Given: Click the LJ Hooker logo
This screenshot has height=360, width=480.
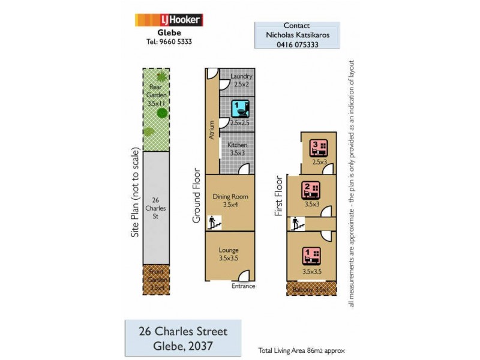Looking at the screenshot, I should [x=169, y=20].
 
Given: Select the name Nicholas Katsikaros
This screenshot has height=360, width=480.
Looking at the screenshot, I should [x=298, y=35].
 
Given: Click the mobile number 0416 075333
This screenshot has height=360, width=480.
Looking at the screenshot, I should [x=298, y=44].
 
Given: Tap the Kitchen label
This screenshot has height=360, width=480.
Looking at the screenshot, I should [x=238, y=145].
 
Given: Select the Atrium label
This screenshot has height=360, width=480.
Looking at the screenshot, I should [x=212, y=131].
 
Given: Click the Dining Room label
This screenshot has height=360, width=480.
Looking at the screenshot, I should [x=230, y=196].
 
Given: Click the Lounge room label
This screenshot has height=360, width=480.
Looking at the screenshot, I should [x=229, y=250].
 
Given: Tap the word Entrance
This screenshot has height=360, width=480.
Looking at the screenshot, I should [x=244, y=286].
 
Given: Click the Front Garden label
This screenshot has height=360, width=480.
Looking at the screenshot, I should [x=155, y=280].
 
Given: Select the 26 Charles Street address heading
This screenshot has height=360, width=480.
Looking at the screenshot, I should [x=183, y=331].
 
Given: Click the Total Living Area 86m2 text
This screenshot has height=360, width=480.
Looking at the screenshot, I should [x=301, y=350].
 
